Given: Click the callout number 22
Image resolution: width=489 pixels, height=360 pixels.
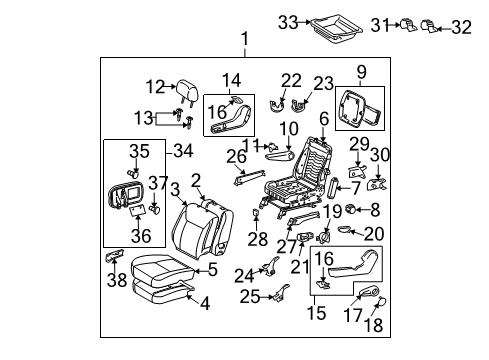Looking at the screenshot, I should [290, 80].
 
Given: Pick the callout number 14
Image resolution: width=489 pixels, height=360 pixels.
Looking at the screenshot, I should [231, 79].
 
